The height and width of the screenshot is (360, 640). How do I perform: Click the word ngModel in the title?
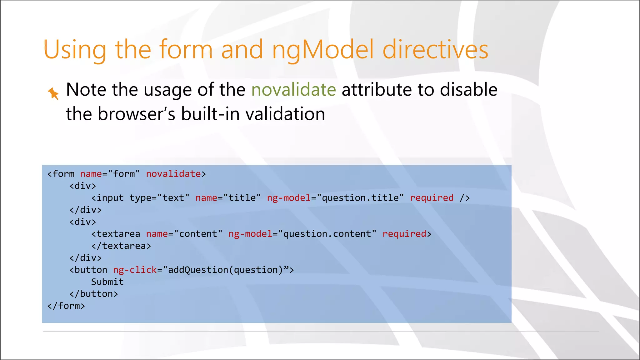pos(323,50)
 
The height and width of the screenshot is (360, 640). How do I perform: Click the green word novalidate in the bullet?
pos(293,90)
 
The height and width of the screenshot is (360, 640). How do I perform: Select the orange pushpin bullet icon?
pos(53,93)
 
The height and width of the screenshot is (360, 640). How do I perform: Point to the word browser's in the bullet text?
pos(136,114)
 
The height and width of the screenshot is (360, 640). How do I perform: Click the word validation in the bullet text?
pos(285,114)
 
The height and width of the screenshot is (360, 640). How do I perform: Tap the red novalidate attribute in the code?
pos(173,174)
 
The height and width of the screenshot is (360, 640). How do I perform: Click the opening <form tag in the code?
pos(61,174)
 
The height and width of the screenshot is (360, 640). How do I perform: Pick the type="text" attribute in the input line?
pos(159,198)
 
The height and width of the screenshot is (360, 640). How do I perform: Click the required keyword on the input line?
pos(432,198)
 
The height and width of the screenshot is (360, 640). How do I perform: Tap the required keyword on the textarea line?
pos(404,234)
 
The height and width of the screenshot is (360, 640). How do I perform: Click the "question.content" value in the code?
pos(327,234)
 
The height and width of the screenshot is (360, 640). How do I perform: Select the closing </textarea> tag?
pos(121,246)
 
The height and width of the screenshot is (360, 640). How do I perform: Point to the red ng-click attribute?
pos(135,270)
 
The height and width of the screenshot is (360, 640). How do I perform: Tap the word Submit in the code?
pos(107,282)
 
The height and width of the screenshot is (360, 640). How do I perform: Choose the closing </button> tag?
pos(94,294)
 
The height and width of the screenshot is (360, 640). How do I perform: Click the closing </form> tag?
pos(66,306)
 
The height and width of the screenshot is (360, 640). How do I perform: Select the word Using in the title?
pos(75,50)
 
